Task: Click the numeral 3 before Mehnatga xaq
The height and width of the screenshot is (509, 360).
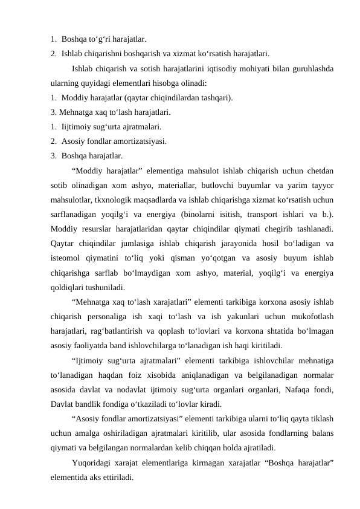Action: click(x=54, y=112)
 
